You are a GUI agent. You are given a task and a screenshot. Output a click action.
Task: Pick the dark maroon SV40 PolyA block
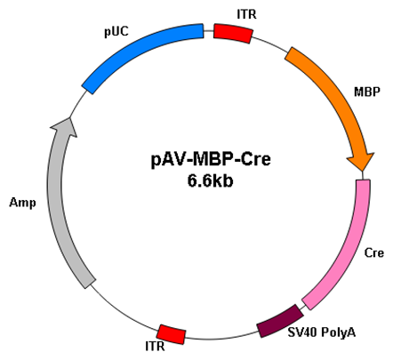[280, 321]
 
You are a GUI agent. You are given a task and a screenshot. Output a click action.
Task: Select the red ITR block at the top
[233, 33]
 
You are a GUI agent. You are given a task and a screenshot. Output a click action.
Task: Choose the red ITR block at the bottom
[172, 334]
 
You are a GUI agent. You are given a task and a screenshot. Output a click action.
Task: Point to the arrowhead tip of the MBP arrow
[362, 171]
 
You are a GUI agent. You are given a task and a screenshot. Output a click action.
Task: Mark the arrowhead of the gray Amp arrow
[66, 126]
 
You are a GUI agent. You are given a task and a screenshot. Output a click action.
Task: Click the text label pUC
[116, 31]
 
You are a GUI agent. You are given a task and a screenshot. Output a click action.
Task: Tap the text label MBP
[367, 92]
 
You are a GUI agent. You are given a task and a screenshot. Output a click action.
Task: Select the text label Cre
[373, 252]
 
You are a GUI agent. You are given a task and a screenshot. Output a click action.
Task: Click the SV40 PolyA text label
[322, 332]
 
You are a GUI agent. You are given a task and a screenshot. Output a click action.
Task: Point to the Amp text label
[22, 204]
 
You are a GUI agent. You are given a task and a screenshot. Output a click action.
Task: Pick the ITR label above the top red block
[246, 14]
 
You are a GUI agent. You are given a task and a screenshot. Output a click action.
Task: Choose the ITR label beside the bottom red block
[155, 346]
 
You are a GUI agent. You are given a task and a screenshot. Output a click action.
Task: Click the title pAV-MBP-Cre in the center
[211, 159]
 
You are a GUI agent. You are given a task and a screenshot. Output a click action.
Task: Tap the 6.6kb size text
[210, 180]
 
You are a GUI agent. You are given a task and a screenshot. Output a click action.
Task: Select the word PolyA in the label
[339, 332]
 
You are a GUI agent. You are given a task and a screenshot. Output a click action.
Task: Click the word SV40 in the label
[303, 332]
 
